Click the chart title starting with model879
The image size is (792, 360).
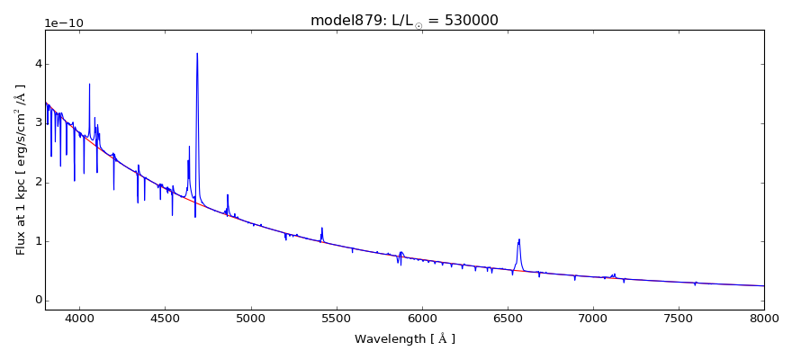[404, 21]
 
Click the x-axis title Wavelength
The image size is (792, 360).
[404, 339]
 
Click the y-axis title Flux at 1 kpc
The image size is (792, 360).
[21, 170]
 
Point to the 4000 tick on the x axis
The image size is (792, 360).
[79, 318]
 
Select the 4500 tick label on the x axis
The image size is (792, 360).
[165, 318]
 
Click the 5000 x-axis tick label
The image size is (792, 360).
[250, 318]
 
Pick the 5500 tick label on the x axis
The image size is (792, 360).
[336, 318]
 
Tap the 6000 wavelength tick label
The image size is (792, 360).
[421, 318]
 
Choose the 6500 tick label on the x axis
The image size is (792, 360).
[507, 318]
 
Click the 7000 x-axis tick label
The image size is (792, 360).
[592, 318]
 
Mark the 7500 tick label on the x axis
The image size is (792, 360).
[678, 318]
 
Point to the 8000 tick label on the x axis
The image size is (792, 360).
[763, 318]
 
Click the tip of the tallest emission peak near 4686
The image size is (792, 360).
[197, 53]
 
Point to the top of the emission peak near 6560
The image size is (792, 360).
[519, 239]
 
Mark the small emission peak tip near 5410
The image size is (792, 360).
[321, 228]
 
